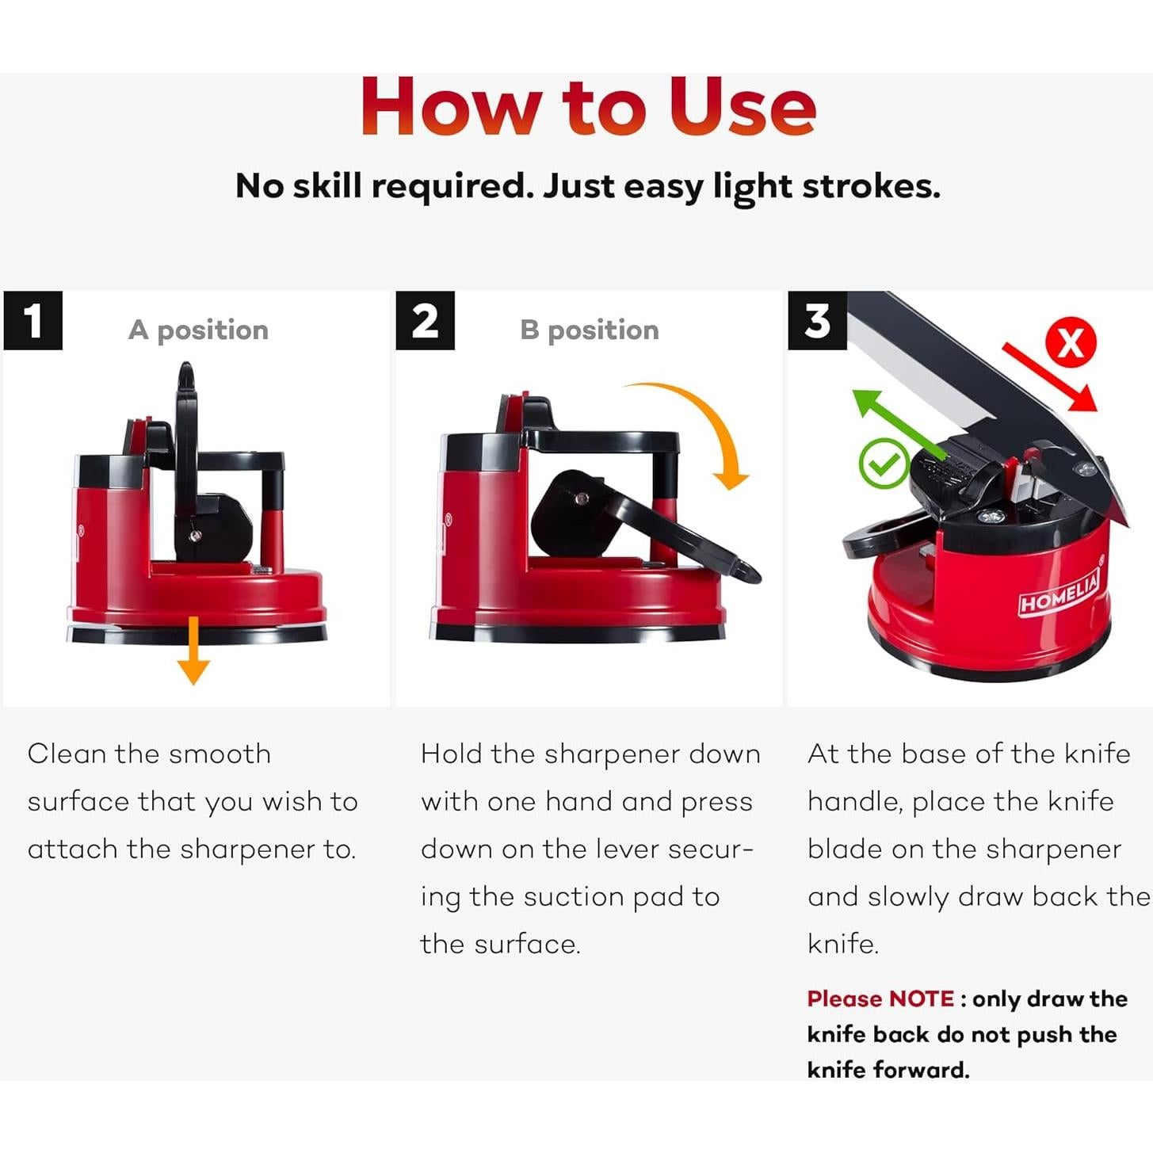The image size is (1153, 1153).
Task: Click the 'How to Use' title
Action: (589, 106)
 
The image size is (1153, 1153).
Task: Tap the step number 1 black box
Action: (33, 321)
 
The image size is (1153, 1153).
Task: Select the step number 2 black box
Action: (426, 321)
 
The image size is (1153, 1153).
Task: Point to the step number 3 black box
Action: (817, 321)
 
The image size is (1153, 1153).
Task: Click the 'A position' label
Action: (198, 330)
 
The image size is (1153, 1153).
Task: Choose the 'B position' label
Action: (590, 330)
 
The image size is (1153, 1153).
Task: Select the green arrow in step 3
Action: (899, 425)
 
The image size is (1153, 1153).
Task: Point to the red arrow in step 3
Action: (1050, 376)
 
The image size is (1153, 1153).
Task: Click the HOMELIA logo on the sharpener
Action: (1059, 593)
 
